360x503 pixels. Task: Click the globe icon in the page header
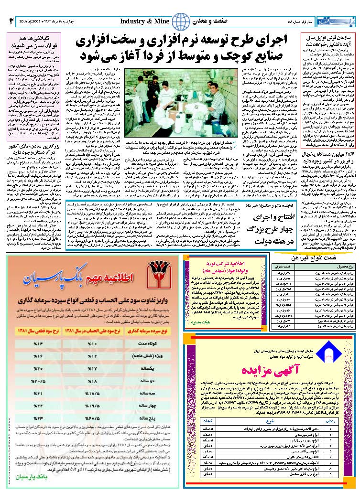pos(180,21)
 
